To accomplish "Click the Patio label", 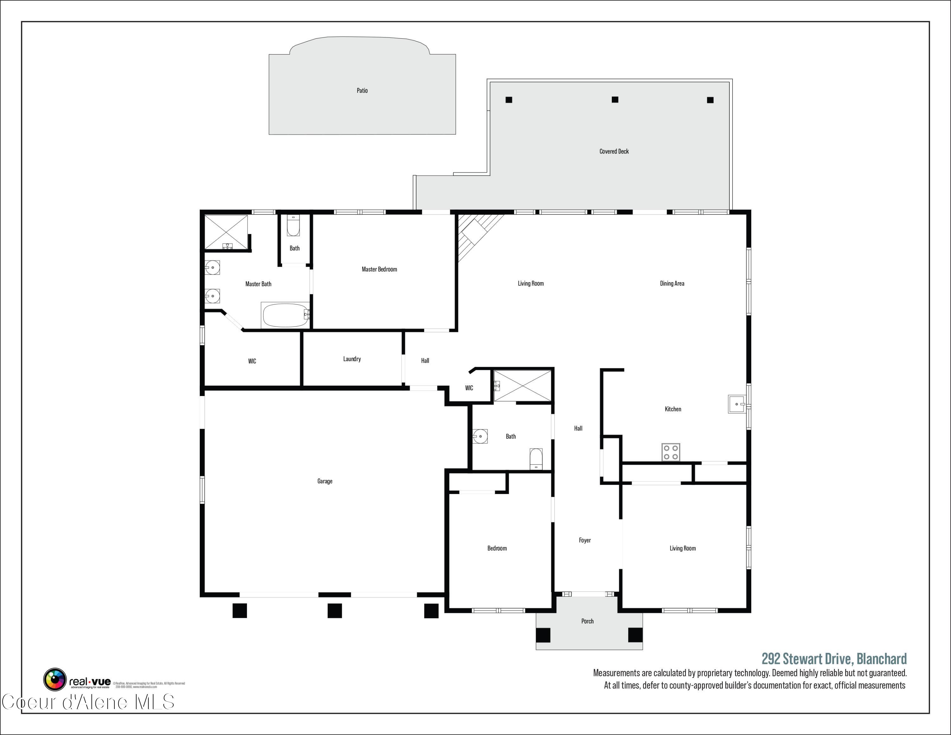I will (x=362, y=91).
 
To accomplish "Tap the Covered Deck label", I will (x=614, y=152).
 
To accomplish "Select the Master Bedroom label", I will (x=379, y=269).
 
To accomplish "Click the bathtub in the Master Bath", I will (x=286, y=315).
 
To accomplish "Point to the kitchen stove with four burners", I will (x=670, y=452).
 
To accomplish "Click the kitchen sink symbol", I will (x=737, y=404).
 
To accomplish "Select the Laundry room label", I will (x=352, y=359).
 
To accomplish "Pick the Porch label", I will (x=587, y=621).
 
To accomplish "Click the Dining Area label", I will (x=672, y=283).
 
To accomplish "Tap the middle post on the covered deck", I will (x=615, y=100).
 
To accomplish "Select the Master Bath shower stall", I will (x=226, y=232).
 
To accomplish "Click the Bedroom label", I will (x=497, y=548).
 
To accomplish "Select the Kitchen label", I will (x=673, y=409).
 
